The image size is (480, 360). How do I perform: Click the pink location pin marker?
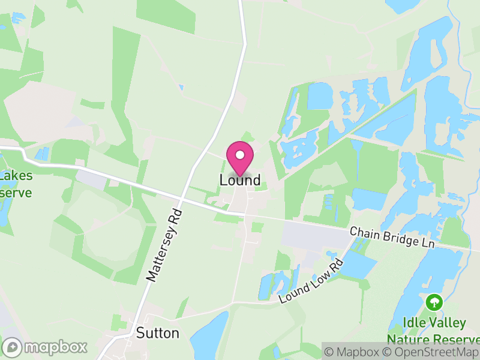click(x=240, y=158)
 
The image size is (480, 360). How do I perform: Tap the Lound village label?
click(x=240, y=180)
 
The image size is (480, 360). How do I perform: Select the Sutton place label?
click(x=158, y=333)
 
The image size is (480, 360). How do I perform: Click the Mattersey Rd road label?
click(x=164, y=245)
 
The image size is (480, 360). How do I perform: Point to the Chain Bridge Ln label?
click(x=391, y=238)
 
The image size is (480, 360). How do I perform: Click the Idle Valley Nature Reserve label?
click(x=434, y=331)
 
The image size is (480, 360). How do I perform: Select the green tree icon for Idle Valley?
click(x=433, y=302)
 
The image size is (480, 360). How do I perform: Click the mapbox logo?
click(x=46, y=347)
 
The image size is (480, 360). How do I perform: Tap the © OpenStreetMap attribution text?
click(x=431, y=352)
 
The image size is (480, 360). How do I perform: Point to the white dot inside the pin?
click(x=240, y=155)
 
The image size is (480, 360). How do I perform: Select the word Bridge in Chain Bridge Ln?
click(x=394, y=238)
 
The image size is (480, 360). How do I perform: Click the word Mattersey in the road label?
click(x=159, y=254)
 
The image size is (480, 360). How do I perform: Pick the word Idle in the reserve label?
click(x=414, y=323)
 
